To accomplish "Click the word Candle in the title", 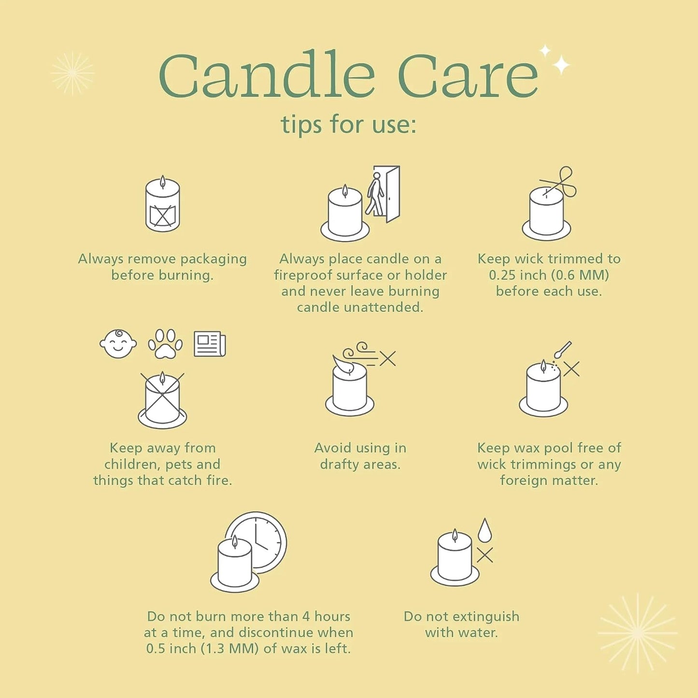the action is pyautogui.click(x=267, y=74).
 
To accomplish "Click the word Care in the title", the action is pyautogui.click(x=468, y=75).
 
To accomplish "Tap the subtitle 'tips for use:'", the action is pyautogui.click(x=348, y=124).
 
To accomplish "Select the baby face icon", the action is pyautogui.click(x=118, y=344).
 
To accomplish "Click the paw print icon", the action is pyautogui.click(x=165, y=344).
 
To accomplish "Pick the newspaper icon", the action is pyautogui.click(x=210, y=344).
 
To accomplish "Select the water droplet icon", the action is pyautogui.click(x=484, y=530).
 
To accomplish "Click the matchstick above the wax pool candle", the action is pyautogui.click(x=563, y=350).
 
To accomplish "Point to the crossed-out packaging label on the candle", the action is pyautogui.click(x=163, y=215).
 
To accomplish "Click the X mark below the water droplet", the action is pyautogui.click(x=485, y=555).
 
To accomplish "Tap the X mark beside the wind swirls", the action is pyautogui.click(x=387, y=358).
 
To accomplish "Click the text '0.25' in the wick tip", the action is pyautogui.click(x=500, y=275).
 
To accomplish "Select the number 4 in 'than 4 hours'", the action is pyautogui.click(x=306, y=616).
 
